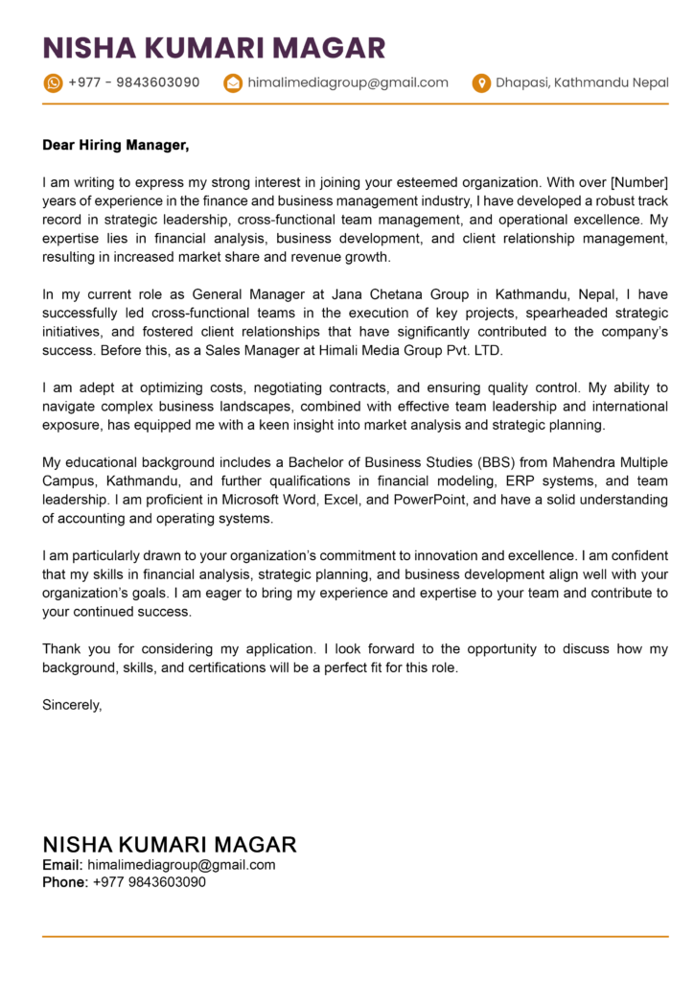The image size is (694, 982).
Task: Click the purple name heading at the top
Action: click(x=214, y=47)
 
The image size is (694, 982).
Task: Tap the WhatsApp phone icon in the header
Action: click(x=53, y=83)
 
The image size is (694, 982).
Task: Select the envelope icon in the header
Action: click(x=232, y=83)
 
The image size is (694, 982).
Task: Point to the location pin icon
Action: click(x=481, y=83)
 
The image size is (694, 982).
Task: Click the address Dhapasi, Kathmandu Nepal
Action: click(x=582, y=82)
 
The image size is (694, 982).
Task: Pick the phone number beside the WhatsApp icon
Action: click(x=134, y=82)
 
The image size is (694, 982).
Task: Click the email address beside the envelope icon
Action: click(x=347, y=82)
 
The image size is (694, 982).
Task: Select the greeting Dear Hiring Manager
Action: click(x=116, y=146)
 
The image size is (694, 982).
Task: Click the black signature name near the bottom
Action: click(x=170, y=845)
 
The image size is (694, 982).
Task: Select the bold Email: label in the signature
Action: click(x=62, y=865)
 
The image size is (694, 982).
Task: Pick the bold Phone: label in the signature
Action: click(x=65, y=882)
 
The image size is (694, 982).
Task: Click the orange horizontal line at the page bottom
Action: click(x=355, y=936)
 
